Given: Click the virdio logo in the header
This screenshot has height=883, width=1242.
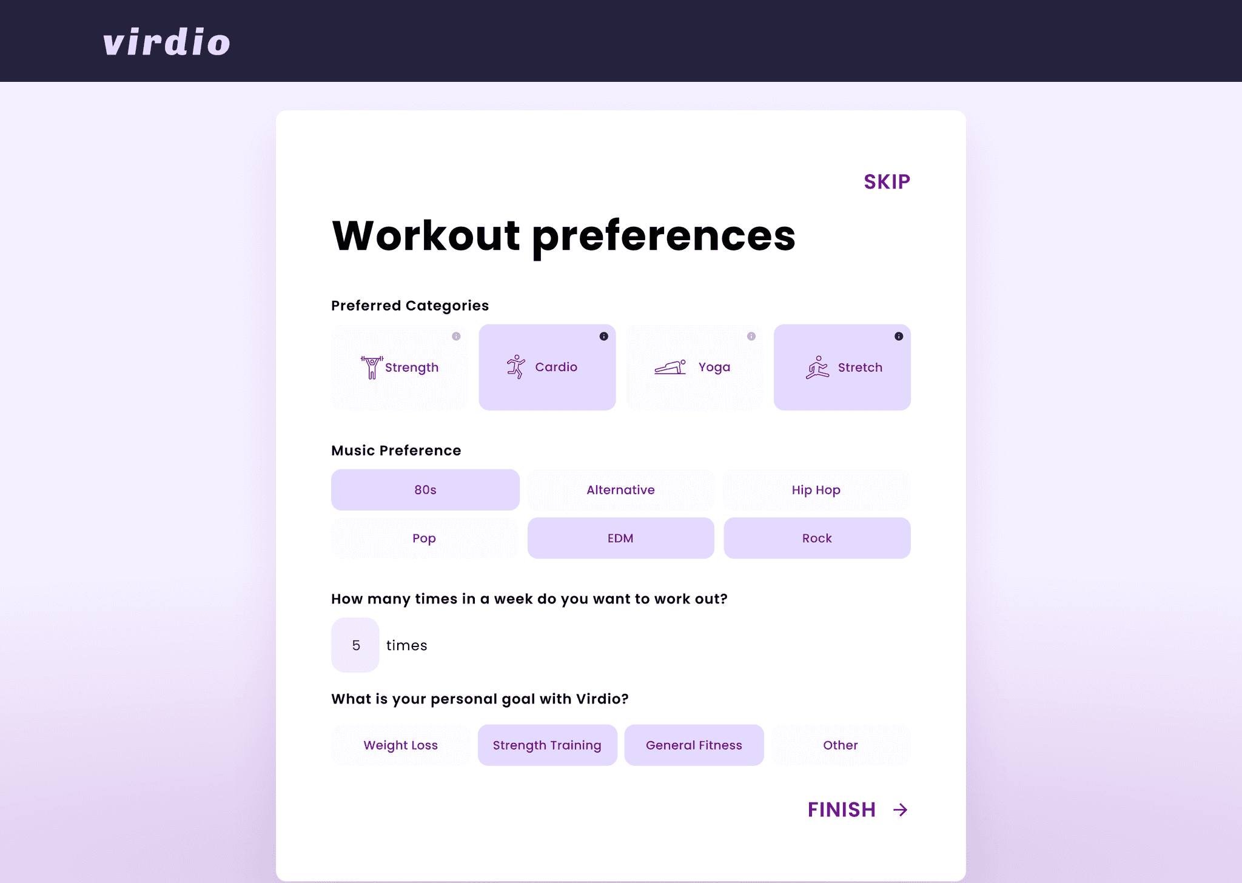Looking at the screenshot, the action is point(167,42).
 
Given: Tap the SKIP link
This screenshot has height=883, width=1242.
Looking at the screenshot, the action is point(887,182).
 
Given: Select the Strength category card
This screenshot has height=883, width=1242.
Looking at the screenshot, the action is point(400,368).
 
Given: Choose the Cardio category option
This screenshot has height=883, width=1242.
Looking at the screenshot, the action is point(547,368).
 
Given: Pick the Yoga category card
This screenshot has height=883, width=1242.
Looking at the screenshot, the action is point(695,368).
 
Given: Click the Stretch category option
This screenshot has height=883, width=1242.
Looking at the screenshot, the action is point(842,368).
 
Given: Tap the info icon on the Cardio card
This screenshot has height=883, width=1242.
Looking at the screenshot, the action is point(604,337).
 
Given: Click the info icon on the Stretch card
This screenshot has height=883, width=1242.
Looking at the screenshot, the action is point(899,337).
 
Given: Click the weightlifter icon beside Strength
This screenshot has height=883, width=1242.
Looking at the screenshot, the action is point(372,368).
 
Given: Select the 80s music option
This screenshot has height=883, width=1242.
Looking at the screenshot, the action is point(425,490).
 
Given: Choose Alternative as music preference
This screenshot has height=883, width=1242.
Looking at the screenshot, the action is point(621,490).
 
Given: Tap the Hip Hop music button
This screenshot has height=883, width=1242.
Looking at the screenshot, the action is point(817,490).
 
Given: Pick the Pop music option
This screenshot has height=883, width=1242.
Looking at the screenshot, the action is point(425,539).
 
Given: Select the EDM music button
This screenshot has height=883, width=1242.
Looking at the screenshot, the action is point(621,539).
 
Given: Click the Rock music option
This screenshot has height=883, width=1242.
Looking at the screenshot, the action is point(817,539).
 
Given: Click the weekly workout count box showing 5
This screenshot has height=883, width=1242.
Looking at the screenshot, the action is point(355,645).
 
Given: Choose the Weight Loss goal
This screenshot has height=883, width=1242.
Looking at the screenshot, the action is point(400,745).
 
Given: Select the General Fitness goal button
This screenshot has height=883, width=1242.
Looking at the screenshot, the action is point(694,745).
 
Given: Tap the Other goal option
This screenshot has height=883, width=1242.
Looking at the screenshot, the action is point(841,745).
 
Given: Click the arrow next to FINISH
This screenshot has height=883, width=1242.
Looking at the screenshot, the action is point(901,810).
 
